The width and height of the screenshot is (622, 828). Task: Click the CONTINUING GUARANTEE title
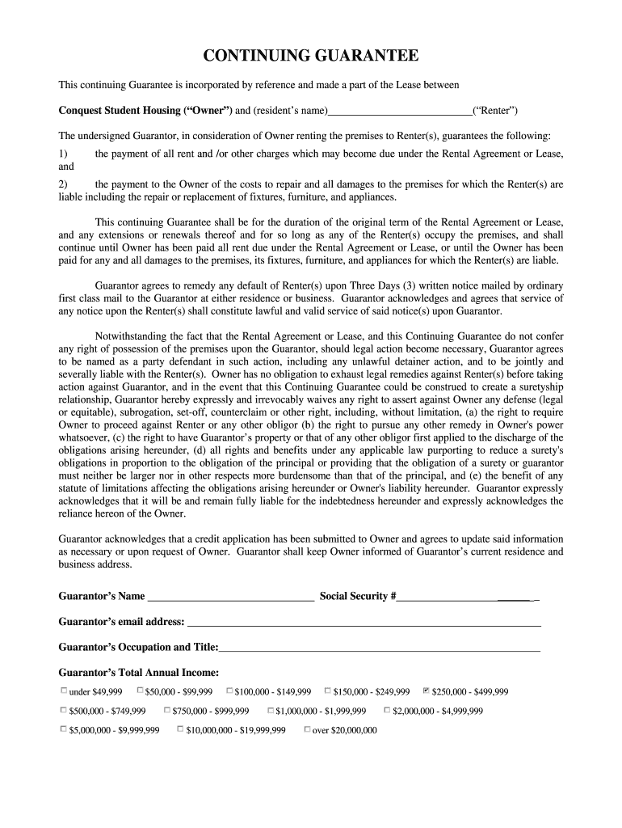pos(311,56)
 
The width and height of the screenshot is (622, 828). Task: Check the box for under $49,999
pos(64,691)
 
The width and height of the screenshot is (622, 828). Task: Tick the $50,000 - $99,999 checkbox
pos(140,691)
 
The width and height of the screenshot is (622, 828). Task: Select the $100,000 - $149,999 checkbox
pos(229,691)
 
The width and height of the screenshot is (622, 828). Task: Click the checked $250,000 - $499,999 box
pos(426,691)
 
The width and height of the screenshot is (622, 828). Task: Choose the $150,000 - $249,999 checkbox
pos(327,691)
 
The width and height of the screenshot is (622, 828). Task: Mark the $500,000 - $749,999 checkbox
pos(64,710)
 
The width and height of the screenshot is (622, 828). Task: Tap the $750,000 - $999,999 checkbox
pos(167,710)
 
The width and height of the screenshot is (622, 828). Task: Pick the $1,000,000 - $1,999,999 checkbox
pos(271,710)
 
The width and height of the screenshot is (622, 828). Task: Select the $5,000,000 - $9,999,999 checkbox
pos(64,729)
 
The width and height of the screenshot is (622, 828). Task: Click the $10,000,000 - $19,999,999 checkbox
pos(180,729)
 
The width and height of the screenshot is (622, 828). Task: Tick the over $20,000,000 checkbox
pos(307,729)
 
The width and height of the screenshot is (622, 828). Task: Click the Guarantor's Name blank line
pos(231,598)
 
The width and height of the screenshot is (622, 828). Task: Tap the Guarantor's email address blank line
pos(364,623)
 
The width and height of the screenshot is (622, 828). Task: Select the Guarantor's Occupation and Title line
pos(380,648)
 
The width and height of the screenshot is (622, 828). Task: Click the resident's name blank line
pos(401,112)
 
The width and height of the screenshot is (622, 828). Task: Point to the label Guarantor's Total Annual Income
pos(139,672)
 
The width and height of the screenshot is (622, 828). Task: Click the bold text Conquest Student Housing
pos(121,110)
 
